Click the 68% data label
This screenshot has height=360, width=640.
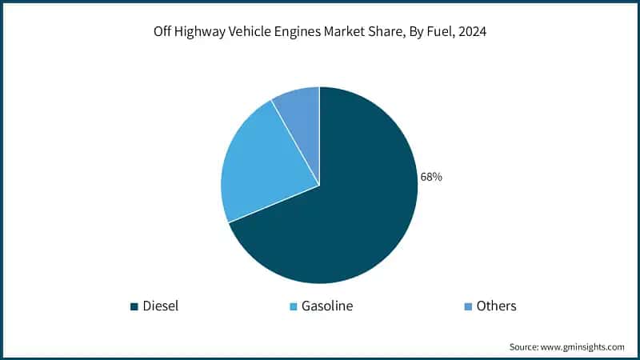pyautogui.click(x=431, y=177)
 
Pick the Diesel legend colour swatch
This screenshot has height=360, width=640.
pyautogui.click(x=134, y=306)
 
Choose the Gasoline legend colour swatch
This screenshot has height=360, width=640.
pyautogui.click(x=294, y=306)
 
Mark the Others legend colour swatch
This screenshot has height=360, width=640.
pyautogui.click(x=467, y=306)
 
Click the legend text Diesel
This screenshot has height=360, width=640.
pyautogui.click(x=160, y=306)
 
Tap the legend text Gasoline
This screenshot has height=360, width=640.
pyautogui.click(x=326, y=306)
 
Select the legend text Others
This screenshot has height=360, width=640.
pyautogui.click(x=496, y=306)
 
